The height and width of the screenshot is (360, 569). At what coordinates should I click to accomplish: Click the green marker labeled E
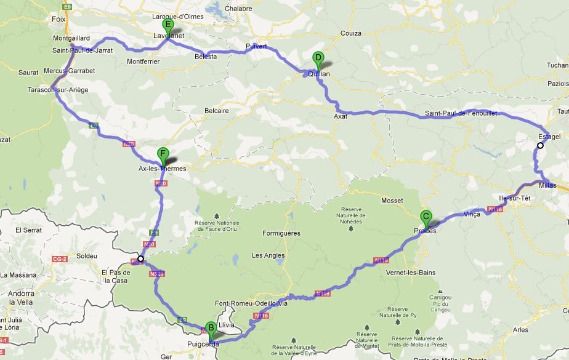coord(167,26)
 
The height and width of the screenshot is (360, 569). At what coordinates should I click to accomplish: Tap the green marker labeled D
coord(318,59)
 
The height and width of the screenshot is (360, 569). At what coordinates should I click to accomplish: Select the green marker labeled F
coord(163,154)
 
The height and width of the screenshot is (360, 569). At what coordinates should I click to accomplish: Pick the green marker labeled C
coord(425,217)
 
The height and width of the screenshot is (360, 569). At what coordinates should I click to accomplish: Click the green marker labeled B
coord(211,329)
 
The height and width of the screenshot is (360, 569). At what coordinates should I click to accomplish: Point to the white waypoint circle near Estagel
coord(540,146)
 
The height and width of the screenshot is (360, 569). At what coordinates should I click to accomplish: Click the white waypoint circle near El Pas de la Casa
coord(141,258)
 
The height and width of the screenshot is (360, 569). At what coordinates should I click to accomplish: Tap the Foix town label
coord(59,19)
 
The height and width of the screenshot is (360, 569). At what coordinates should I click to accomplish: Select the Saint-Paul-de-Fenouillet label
coord(460,113)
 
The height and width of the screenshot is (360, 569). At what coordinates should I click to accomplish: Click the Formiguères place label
coord(281,233)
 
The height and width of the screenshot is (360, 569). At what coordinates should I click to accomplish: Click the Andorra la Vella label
coord(20,298)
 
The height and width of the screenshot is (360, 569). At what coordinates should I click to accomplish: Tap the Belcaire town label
coord(216,111)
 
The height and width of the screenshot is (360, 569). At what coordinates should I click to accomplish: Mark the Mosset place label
coord(392,201)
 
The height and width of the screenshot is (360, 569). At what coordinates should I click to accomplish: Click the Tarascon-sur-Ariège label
coord(58,90)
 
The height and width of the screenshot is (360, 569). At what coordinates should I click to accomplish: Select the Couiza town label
coord(350,33)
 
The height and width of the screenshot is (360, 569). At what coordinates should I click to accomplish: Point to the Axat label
coord(341,115)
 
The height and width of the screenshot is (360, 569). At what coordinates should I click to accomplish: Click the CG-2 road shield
coord(59,259)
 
